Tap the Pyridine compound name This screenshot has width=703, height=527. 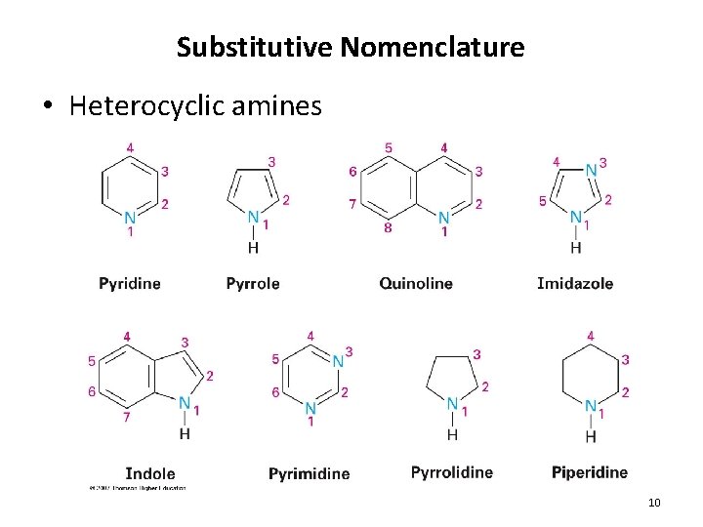[x=130, y=283]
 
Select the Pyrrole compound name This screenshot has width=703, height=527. [x=252, y=283]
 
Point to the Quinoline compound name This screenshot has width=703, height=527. [x=416, y=283]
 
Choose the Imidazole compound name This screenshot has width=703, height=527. [x=575, y=283]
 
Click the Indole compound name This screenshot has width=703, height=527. [x=150, y=472]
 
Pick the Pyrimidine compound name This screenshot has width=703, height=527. [x=309, y=473]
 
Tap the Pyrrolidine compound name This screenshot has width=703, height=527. [x=452, y=472]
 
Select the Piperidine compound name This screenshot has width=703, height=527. [x=590, y=472]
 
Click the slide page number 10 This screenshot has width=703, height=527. [x=654, y=503]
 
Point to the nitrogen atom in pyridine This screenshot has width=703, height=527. [x=131, y=217]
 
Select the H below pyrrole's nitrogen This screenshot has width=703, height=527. [x=254, y=247]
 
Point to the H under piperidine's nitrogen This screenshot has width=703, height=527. [x=591, y=435]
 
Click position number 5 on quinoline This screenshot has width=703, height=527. [x=389, y=148]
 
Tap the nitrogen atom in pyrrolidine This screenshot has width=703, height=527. [x=452, y=403]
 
